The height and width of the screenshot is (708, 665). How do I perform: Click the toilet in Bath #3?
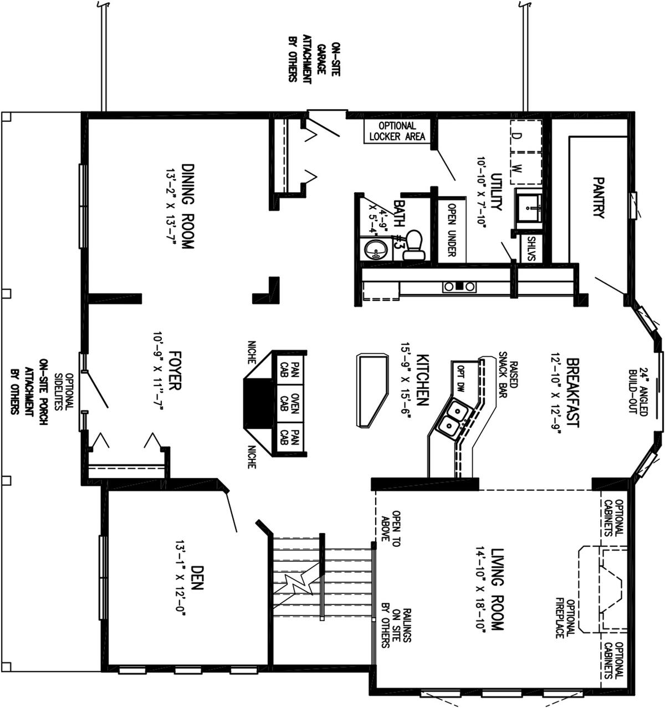click(413, 245)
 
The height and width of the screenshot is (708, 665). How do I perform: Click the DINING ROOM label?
click(188, 206)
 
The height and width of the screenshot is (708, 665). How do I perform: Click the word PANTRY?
click(597, 197)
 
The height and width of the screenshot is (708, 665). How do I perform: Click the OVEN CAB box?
click(289, 408)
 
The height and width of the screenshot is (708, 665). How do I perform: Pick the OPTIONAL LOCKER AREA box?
click(397, 131)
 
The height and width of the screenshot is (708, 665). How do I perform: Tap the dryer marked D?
click(517, 135)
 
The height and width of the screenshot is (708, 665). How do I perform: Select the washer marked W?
click(517, 168)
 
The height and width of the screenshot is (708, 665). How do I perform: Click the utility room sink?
click(530, 206)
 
